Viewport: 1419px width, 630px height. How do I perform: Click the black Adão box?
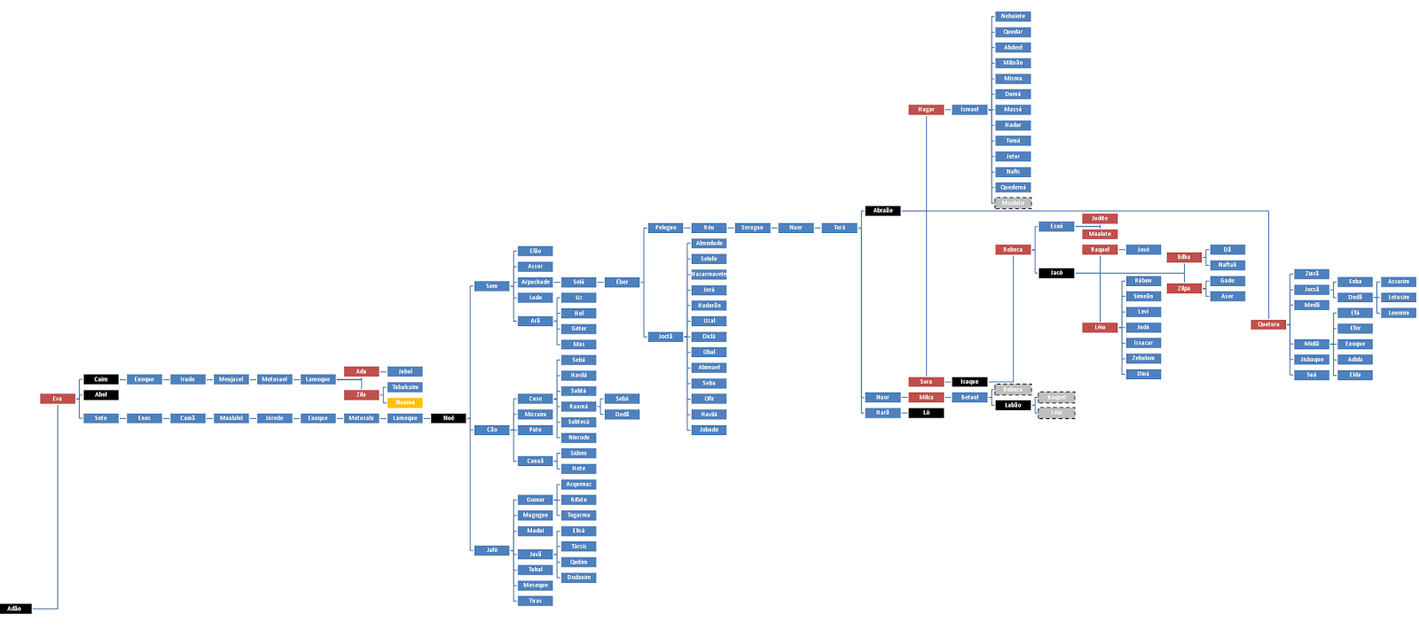(x=15, y=609)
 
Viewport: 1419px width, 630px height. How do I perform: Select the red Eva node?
(x=58, y=399)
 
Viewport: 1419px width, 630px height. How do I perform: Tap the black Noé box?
(x=449, y=418)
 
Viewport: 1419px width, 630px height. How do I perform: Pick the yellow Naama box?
(x=405, y=402)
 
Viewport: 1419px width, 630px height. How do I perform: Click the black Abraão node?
(x=883, y=211)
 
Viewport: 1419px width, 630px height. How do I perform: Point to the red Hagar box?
(x=926, y=110)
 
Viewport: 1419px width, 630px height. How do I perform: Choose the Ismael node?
(x=969, y=110)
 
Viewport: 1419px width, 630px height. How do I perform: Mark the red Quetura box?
(x=1268, y=324)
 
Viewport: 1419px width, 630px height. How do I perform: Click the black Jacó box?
(x=1056, y=273)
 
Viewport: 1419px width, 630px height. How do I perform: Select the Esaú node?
(x=1056, y=227)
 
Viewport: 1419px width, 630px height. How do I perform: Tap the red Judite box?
(x=1100, y=219)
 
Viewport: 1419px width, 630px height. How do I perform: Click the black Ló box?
(x=926, y=413)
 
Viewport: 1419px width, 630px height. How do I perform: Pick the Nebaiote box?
(x=1013, y=17)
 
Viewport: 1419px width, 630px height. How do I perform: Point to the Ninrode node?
(x=579, y=438)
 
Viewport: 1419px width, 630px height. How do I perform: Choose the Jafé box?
(x=492, y=550)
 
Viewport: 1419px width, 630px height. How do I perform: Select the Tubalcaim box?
(x=405, y=387)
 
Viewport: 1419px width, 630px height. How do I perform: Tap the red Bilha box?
(x=1184, y=258)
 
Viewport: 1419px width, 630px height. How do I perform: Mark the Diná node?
(x=1143, y=374)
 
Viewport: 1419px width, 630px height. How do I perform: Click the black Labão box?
(x=1013, y=406)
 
